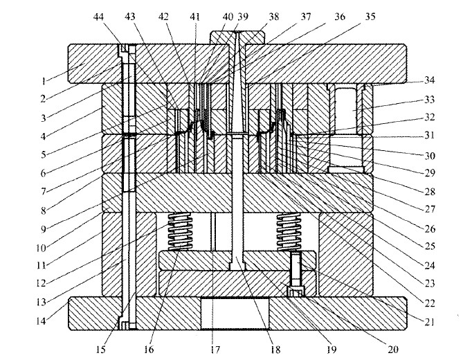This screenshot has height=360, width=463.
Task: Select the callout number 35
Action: (371, 16)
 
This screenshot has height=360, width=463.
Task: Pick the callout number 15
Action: (101, 349)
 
